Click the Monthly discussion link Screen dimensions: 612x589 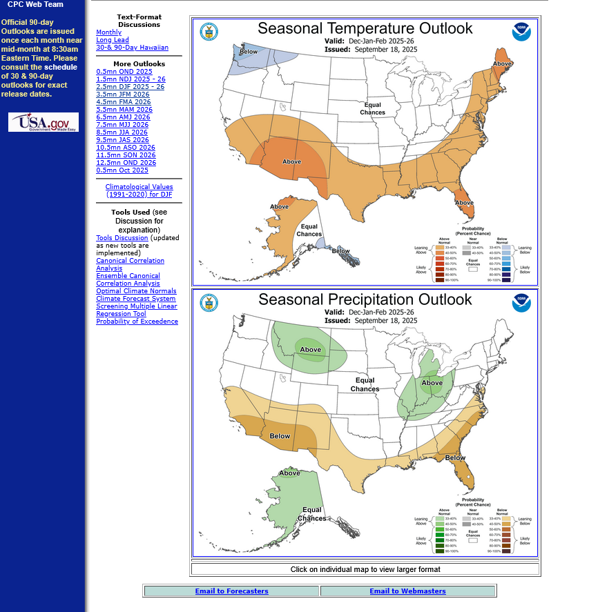click(108, 32)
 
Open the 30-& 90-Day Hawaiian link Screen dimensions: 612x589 click(132, 48)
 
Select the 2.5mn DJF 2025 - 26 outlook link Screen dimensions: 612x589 click(130, 87)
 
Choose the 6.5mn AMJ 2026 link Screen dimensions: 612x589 click(124, 117)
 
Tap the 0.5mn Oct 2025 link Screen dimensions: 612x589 click(122, 170)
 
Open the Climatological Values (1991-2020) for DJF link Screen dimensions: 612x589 click(139, 191)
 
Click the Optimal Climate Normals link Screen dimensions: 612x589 click(136, 291)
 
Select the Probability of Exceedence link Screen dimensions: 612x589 click(137, 322)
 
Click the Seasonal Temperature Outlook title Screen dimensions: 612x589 click(365, 28)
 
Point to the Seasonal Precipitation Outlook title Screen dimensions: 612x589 click(365, 299)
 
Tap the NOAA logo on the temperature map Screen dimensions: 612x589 click(521, 32)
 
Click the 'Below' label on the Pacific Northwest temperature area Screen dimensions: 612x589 click(249, 52)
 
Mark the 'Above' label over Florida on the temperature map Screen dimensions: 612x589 click(465, 203)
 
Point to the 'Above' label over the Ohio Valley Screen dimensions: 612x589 click(432, 383)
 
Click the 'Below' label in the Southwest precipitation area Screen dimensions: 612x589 click(280, 436)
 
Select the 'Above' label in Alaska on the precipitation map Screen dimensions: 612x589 click(290, 473)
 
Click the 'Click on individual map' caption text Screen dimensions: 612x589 click(365, 570)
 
